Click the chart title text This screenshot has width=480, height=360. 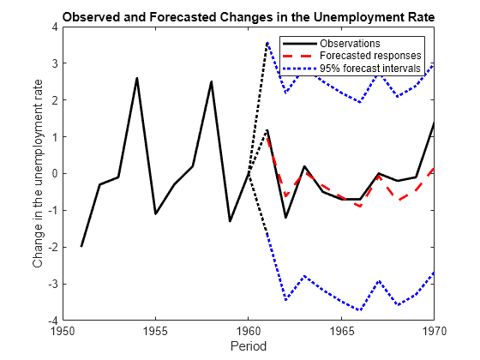248,17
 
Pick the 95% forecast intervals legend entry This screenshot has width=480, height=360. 370,68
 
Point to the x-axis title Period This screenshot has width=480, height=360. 248,347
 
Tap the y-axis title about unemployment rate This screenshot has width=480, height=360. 38,174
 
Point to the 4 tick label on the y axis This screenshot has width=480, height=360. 54,27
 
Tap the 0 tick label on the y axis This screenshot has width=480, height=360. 54,174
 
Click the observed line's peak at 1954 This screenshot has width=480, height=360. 137,78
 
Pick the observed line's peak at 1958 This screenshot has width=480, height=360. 211,82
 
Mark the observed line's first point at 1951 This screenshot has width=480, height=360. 81,246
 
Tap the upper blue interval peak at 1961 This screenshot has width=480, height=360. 267,43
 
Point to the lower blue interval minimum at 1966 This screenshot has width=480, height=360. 360,309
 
